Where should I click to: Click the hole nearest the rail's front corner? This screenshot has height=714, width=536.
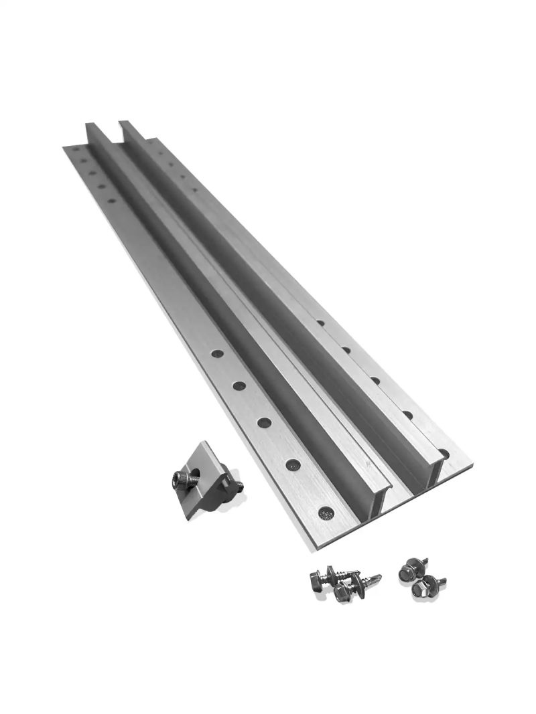click(326, 513)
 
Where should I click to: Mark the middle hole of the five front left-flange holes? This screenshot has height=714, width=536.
click(265, 422)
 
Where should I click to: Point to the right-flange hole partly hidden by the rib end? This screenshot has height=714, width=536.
click(443, 453)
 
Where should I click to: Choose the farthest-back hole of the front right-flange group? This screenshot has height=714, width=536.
click(321, 323)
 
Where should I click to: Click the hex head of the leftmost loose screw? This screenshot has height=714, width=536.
click(317, 580)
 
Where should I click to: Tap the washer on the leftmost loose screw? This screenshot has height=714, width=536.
click(329, 575)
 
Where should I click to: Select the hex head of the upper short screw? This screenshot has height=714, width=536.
click(406, 571)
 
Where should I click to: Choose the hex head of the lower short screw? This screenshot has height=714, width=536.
click(421, 589)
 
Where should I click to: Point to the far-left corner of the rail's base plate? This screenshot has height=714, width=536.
click(64, 147)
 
